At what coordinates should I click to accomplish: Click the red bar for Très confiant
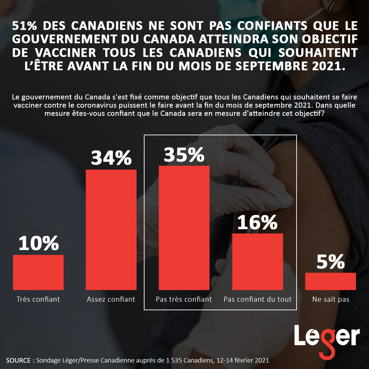point(38,272)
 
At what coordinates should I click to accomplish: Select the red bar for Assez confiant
point(111,230)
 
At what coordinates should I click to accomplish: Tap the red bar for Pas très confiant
point(184,228)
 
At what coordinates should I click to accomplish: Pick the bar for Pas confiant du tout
point(258,262)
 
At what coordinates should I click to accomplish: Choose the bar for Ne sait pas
point(330,281)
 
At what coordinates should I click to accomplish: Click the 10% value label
point(39,243)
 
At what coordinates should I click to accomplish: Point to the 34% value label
point(111,158)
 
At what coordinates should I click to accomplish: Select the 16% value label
point(257,222)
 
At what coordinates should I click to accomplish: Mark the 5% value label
point(330,262)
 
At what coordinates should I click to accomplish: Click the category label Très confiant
point(38,299)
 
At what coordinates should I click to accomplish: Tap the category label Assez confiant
point(111,299)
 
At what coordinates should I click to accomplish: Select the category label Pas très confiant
point(184,299)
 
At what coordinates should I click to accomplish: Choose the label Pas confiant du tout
point(258,299)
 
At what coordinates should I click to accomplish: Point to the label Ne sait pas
point(331,299)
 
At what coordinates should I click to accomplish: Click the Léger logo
point(327,338)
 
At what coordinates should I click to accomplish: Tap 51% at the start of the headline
point(24,26)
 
